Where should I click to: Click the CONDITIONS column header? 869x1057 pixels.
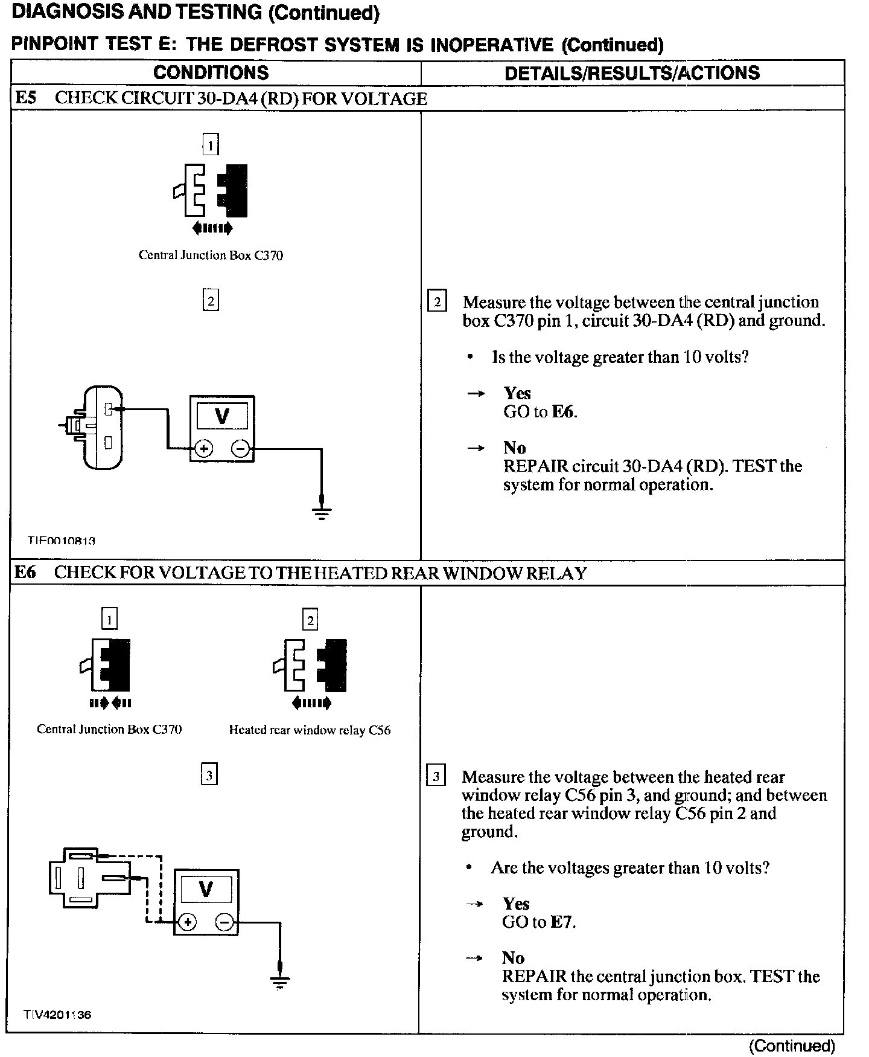[x=211, y=72]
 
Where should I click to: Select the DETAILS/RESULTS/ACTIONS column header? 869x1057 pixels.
[x=632, y=72]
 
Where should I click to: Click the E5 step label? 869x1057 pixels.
[x=26, y=98]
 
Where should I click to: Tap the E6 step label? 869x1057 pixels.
[x=25, y=572]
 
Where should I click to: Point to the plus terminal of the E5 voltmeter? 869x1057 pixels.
[x=203, y=449]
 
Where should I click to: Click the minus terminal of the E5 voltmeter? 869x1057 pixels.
[x=240, y=449]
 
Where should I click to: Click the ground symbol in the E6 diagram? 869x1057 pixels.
[x=279, y=983]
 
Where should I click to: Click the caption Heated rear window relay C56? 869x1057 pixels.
[x=310, y=730]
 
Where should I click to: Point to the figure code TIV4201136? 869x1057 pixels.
[x=57, y=1015]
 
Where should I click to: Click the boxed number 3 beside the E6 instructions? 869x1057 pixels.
[x=436, y=776]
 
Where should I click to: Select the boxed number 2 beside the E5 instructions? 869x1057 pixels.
[x=437, y=301]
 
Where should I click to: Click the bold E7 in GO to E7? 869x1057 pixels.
[x=561, y=922]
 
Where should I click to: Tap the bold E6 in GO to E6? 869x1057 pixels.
[x=563, y=412]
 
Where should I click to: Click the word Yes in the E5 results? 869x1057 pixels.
[x=517, y=393]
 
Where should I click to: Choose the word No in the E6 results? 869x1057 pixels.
[x=513, y=957]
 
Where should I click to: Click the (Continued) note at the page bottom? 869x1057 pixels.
[x=792, y=1046]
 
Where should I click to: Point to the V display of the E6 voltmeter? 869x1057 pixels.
[x=206, y=890]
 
